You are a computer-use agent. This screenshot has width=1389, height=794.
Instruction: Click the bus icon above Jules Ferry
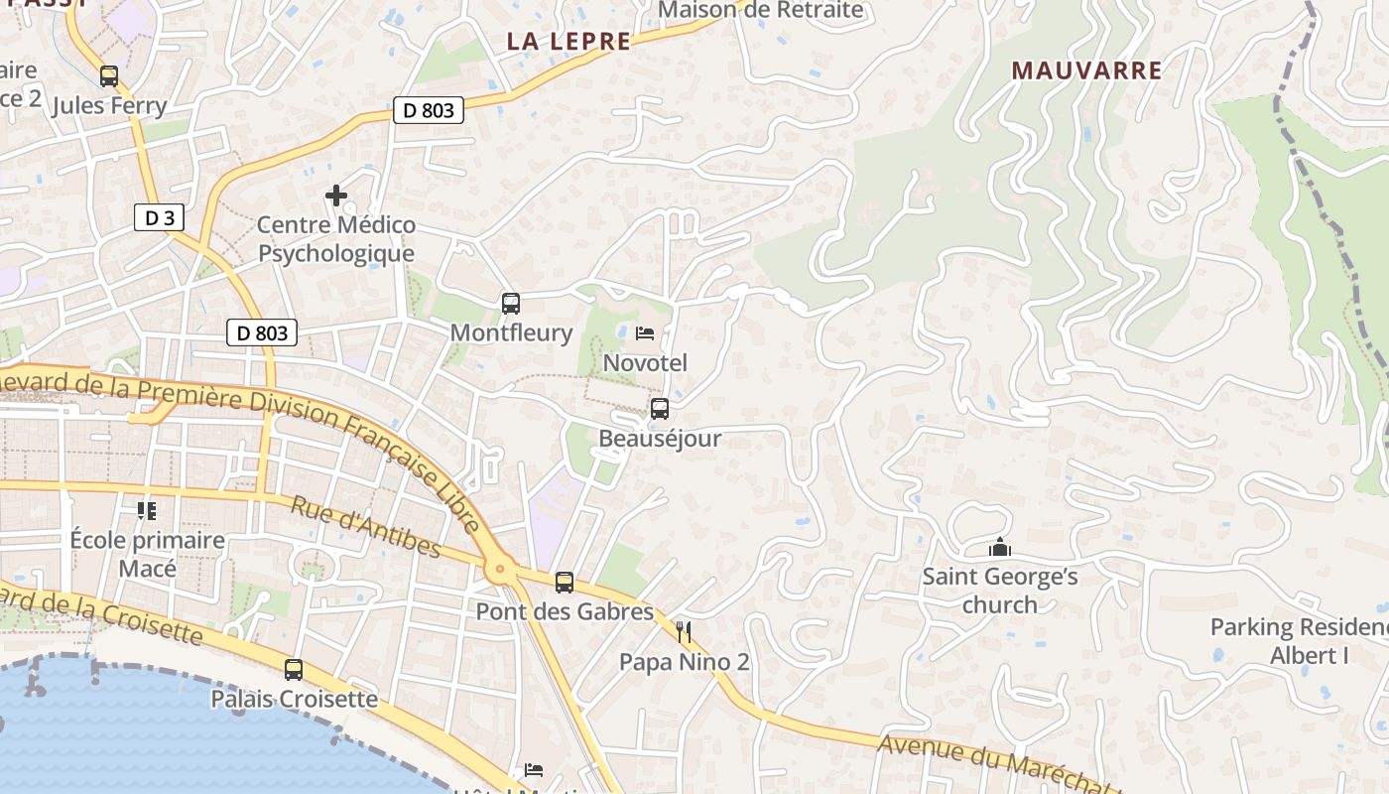pyautogui.click(x=109, y=75)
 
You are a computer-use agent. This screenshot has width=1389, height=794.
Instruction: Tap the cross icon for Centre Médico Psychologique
pyautogui.click(x=336, y=196)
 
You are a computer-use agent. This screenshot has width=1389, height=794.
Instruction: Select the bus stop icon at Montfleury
pyautogui.click(x=511, y=304)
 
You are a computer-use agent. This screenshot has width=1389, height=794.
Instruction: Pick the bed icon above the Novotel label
pyautogui.click(x=645, y=333)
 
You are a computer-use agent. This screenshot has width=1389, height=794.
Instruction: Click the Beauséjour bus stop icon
pyautogui.click(x=660, y=408)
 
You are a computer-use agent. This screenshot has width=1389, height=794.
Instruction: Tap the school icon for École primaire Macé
pyautogui.click(x=147, y=511)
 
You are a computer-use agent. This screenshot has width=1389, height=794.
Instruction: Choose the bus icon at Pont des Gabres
pyautogui.click(x=565, y=583)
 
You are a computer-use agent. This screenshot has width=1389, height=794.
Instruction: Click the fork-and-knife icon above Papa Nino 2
pyautogui.click(x=684, y=632)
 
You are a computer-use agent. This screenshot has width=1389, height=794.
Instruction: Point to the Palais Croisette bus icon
pyautogui.click(x=294, y=670)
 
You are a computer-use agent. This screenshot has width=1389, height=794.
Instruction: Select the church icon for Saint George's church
pyautogui.click(x=999, y=548)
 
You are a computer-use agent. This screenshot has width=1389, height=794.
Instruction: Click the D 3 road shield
pyautogui.click(x=160, y=218)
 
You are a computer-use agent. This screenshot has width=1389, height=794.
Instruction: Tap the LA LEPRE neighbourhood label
pyautogui.click(x=568, y=42)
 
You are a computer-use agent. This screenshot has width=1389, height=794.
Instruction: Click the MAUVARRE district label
pyautogui.click(x=1086, y=70)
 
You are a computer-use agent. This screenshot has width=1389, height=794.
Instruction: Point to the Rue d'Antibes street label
pyautogui.click(x=366, y=527)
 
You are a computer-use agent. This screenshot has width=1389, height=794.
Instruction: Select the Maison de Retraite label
pyautogui.click(x=760, y=11)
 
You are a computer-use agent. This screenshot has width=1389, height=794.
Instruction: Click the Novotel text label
pyautogui.click(x=645, y=362)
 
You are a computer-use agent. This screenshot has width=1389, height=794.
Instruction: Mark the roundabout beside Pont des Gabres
pyautogui.click(x=499, y=570)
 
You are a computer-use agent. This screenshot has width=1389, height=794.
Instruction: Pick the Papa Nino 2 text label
pyautogui.click(x=685, y=662)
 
